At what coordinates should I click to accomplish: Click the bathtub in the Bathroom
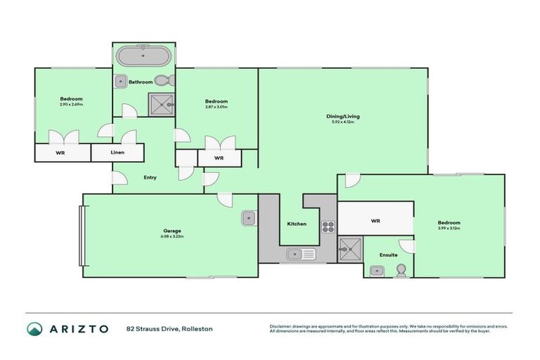[x=144, y=56]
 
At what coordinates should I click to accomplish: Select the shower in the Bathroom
[x=162, y=105]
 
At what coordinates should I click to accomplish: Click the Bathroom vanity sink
[x=120, y=81]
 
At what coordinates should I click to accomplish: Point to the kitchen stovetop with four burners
[x=328, y=226]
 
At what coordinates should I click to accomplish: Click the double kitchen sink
[x=302, y=254]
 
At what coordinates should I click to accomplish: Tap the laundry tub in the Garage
[x=249, y=219]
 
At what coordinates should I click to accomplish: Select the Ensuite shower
[x=349, y=247]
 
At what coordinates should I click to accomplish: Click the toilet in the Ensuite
[x=401, y=270]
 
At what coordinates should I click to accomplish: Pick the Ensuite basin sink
[x=375, y=270]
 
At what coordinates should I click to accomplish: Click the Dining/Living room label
[x=342, y=116]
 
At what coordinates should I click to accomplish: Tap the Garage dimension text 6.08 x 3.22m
[x=173, y=237]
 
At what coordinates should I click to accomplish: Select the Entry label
[x=150, y=177]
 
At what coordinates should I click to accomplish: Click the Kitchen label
[x=297, y=224]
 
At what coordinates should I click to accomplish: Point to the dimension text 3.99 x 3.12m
[x=449, y=228]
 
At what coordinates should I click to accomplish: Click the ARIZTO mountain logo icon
[x=34, y=328]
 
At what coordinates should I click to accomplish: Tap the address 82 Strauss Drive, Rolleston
[x=169, y=328]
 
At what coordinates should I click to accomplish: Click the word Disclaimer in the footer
[x=282, y=326]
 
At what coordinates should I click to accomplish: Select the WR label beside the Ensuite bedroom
[x=375, y=221]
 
